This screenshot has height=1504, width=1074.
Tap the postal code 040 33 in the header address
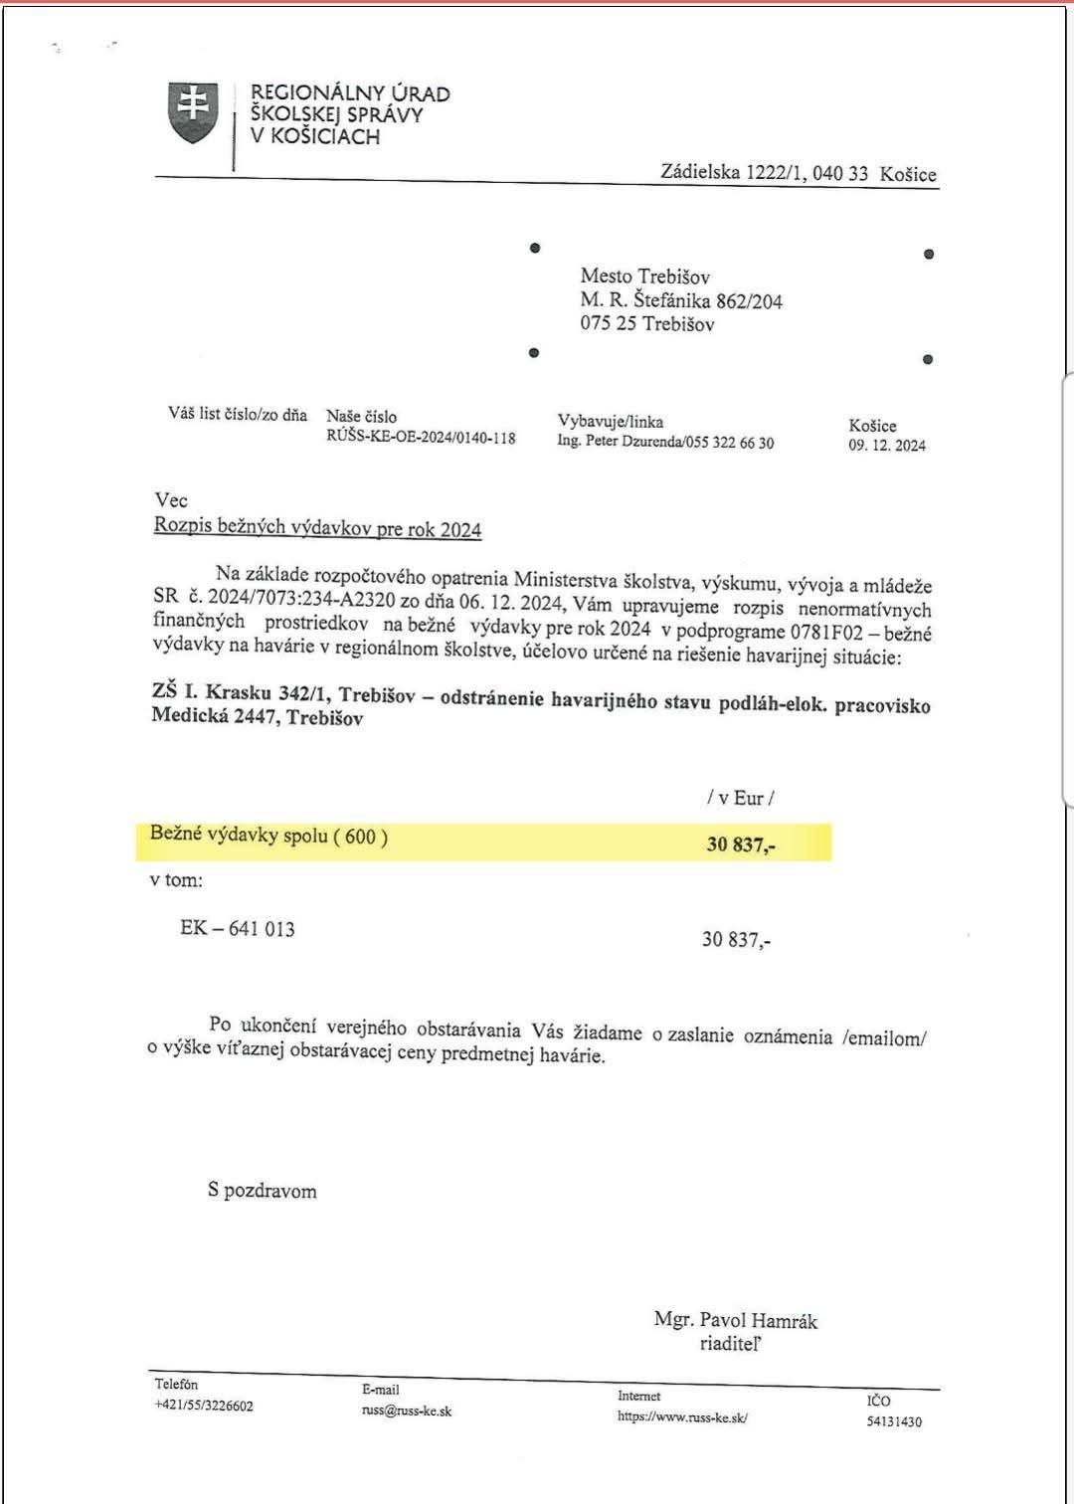(x=840, y=173)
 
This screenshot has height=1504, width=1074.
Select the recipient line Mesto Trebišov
(x=644, y=277)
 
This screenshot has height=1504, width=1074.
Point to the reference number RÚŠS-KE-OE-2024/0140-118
(x=421, y=437)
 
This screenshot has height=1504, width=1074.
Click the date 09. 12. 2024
(x=886, y=445)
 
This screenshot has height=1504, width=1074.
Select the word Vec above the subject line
(x=171, y=500)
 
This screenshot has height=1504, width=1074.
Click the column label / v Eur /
(x=739, y=798)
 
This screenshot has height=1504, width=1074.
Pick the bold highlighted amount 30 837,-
(x=741, y=846)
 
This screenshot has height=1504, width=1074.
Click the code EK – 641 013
(x=238, y=929)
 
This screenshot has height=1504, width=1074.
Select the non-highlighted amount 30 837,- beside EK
(x=736, y=939)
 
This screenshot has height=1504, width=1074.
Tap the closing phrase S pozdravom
(x=263, y=1191)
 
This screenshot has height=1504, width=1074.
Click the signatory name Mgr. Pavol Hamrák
(x=735, y=1321)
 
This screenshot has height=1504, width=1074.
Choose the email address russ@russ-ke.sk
(x=406, y=1410)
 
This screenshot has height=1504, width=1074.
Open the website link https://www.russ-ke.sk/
(x=681, y=1416)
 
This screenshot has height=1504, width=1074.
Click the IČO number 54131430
(x=894, y=1421)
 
